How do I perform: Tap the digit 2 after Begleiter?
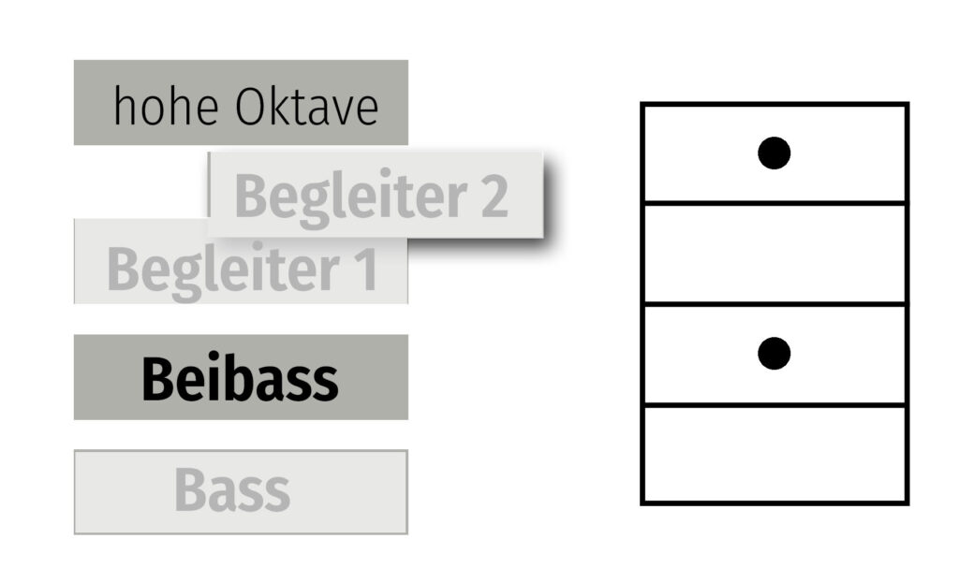tap(493, 197)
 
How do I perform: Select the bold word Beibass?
tap(240, 379)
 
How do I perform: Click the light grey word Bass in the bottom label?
tap(232, 490)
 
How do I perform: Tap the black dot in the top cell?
tap(774, 153)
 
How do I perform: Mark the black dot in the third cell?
tap(774, 353)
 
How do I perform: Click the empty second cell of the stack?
tap(774, 254)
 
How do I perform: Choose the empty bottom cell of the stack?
tap(774, 455)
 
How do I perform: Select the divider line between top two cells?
tap(774, 202)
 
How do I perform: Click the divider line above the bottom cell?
tap(774, 405)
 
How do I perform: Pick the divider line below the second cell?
tap(774, 304)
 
